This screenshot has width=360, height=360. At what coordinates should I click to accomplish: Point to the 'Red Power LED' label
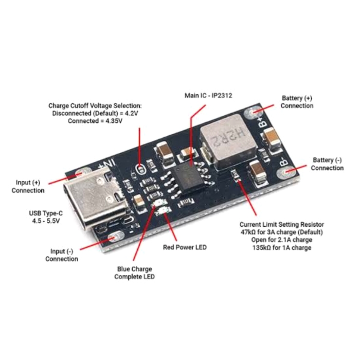pos(185,247)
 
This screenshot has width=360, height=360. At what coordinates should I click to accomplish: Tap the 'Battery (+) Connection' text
pos(297,102)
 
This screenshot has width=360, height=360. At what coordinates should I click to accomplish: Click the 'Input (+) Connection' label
pos(28,187)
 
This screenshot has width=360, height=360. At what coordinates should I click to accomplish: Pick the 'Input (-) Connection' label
pos(62,255)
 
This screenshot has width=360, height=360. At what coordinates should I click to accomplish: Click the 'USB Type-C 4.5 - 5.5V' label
pos(46,217)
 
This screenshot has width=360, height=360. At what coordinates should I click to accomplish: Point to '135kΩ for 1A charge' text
pos(281,248)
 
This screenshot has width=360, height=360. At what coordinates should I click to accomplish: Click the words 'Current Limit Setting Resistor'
pos(282,225)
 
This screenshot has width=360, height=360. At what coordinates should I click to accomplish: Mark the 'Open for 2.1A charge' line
pos(282,240)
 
